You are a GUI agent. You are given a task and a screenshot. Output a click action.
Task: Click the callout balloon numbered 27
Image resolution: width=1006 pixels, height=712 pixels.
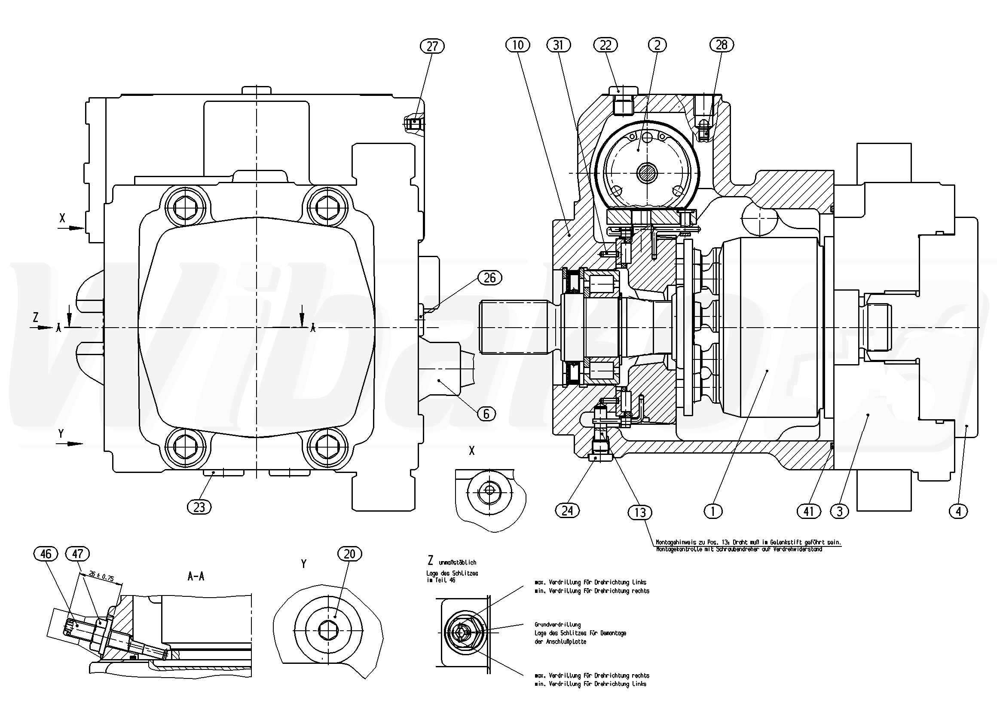[x=432, y=46]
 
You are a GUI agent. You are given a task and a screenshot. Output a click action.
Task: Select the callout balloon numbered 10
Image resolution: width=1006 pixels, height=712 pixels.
[x=517, y=45]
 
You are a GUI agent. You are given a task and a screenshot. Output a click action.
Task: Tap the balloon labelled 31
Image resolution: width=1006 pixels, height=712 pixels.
[x=559, y=45]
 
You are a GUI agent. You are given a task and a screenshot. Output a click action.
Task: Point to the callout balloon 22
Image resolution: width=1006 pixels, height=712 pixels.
[x=605, y=45]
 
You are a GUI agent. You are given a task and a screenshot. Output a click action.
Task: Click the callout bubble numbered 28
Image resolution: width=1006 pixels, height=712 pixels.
[x=721, y=45]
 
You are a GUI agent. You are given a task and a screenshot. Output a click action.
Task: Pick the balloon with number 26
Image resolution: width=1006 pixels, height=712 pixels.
[x=489, y=277]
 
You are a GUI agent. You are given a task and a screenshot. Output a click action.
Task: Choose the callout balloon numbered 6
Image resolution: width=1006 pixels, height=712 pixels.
[x=486, y=414]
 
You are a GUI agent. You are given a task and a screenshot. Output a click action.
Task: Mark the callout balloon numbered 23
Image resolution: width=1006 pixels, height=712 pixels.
[x=199, y=507]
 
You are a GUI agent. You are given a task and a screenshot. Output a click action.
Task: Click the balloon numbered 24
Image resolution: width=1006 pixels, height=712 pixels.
[x=567, y=510]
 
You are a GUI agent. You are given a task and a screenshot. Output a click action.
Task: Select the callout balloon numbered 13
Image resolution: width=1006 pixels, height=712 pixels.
[x=640, y=512]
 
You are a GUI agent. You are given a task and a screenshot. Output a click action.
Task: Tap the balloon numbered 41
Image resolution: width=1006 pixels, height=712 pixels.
[x=808, y=511]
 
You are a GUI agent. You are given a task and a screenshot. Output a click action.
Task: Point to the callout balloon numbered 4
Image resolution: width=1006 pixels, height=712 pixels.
[x=958, y=511]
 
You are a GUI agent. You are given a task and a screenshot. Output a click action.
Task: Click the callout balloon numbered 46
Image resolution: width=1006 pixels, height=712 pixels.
[x=46, y=554]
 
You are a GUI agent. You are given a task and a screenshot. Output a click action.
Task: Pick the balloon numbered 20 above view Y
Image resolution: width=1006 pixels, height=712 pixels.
[x=349, y=554]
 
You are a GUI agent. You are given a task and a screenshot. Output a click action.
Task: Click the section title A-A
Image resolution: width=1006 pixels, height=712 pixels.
[x=196, y=577]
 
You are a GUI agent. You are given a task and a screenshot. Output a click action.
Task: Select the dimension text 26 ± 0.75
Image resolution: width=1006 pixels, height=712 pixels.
[x=101, y=576]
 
